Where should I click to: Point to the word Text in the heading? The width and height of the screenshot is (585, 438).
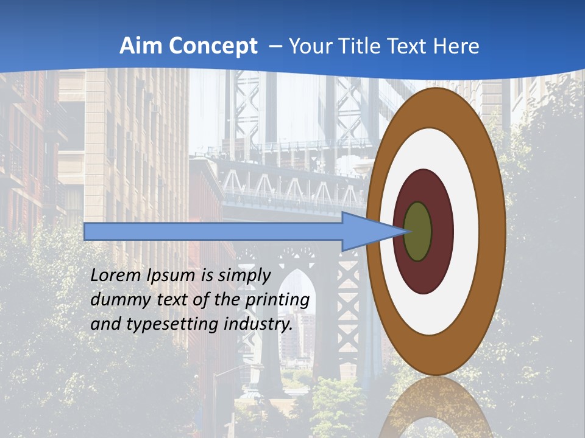point(409,46)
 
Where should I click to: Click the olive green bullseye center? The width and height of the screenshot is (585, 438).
point(417,231)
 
